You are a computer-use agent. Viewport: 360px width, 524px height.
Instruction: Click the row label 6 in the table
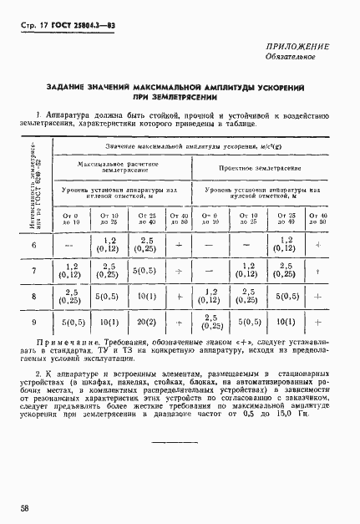pyautogui.click(x=33, y=245)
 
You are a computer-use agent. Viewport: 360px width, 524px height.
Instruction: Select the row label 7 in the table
pyautogui.click(x=33, y=271)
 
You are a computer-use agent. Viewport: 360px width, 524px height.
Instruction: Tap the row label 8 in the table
pyautogui.click(x=33, y=297)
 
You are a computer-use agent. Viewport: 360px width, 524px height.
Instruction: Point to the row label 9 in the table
pyautogui.click(x=33, y=322)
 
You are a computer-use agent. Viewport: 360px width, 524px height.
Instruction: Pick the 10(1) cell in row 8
pyautogui.click(x=145, y=297)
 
